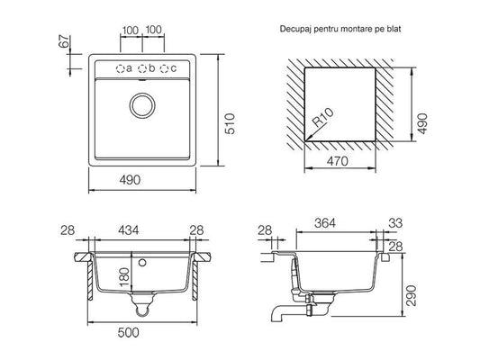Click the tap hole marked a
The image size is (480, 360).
(121, 68)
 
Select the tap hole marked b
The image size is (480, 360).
(142, 68)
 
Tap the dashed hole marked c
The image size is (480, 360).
(165, 68)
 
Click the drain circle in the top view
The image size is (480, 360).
(142, 105)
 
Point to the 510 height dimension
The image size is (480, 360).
(230, 123)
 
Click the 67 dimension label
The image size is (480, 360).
(64, 41)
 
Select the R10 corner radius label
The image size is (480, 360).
(323, 118)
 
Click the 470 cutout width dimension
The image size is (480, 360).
(338, 161)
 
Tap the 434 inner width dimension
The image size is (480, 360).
(129, 230)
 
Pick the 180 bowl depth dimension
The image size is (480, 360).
(125, 276)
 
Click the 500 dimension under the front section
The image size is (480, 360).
(129, 332)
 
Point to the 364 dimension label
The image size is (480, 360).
(325, 223)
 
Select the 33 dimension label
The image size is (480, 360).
(395, 223)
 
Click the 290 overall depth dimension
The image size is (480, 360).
(412, 295)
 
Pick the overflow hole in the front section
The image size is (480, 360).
(141, 262)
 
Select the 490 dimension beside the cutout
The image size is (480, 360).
(422, 123)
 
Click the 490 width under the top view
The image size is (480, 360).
(130, 180)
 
